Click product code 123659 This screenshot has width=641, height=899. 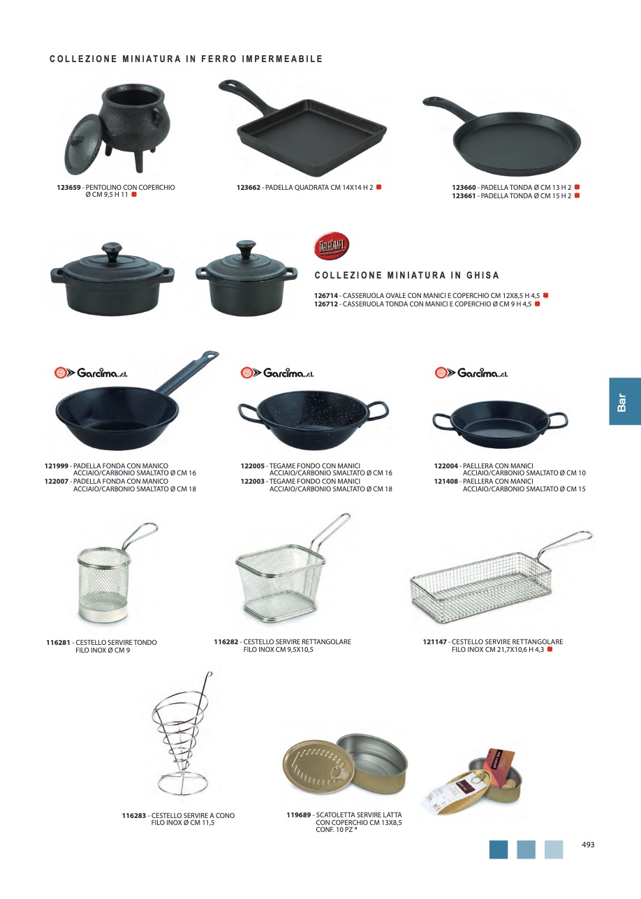coord(68,188)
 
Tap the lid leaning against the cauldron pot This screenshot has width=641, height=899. coord(82,145)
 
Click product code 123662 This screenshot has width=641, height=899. coord(249,188)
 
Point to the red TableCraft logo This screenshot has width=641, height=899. coord(331,245)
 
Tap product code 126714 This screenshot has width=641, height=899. coord(326,296)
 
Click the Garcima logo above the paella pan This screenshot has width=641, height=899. coord(471,373)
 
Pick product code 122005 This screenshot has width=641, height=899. coord(253,466)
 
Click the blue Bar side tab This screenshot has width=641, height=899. coord(624,401)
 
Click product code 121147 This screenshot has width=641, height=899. coord(435,641)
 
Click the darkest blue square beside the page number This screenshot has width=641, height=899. coord(499,849)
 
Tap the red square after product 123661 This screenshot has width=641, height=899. coord(577,195)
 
